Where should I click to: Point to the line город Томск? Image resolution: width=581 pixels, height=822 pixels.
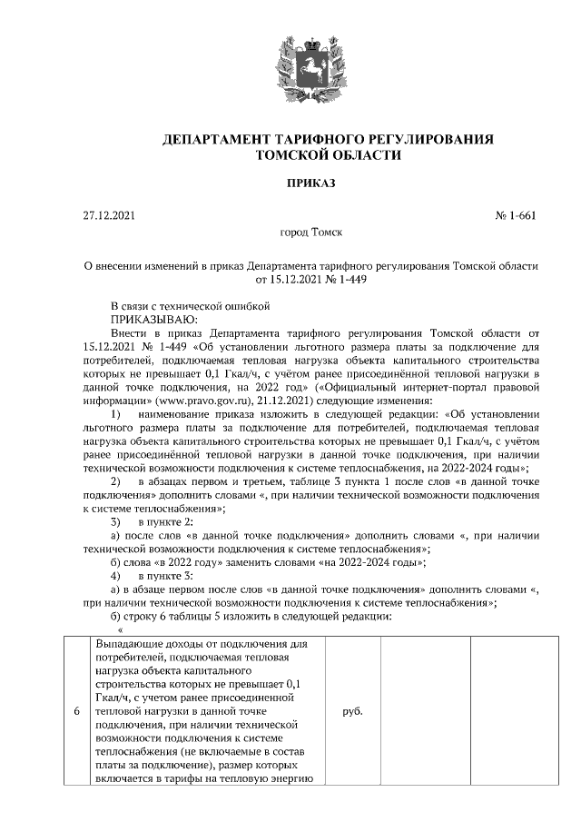[x=310, y=233]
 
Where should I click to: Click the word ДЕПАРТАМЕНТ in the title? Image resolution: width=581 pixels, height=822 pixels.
[x=214, y=139]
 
